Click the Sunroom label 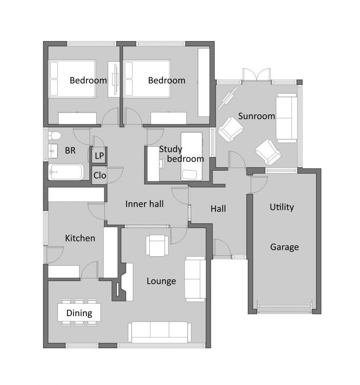point(257,116)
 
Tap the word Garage point(284,247)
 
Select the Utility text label point(282,207)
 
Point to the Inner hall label point(145,204)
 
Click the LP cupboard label point(99,155)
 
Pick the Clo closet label point(100,175)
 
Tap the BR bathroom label point(71,151)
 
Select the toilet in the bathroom point(55,136)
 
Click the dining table point(79,313)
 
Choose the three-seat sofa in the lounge point(160,332)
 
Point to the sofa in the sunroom point(286,119)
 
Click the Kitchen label point(80,238)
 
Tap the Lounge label point(161,281)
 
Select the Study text point(171,149)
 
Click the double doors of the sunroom point(257,75)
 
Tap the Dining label point(79,313)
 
